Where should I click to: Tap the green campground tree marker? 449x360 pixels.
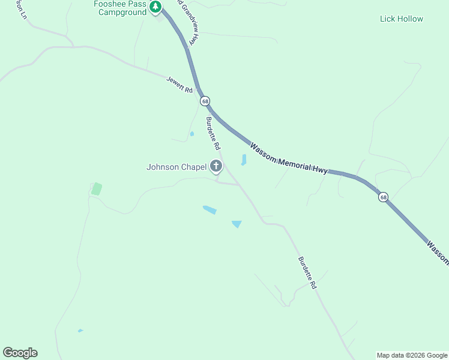[x=156, y=7]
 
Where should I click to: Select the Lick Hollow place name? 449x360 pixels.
[x=402, y=19]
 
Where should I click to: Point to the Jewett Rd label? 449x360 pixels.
[x=179, y=85]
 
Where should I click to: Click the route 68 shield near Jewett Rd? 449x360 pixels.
[x=205, y=101]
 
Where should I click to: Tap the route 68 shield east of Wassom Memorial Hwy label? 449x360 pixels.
[x=383, y=197]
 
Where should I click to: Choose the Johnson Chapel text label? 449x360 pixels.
[x=176, y=167]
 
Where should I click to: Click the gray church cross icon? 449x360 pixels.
[x=216, y=166]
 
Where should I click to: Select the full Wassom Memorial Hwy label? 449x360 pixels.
[x=289, y=158]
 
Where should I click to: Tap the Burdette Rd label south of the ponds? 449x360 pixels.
[x=307, y=274]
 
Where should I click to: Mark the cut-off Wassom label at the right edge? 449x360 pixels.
[x=438, y=253]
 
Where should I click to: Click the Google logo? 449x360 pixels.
[x=20, y=353]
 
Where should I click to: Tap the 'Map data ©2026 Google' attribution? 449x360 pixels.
[x=412, y=355]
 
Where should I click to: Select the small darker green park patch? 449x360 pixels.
[x=96, y=189]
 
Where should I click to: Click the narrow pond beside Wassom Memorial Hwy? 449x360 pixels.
[x=244, y=160]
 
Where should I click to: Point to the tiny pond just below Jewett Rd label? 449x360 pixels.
[x=191, y=134]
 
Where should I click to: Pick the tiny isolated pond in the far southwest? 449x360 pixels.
[x=80, y=331]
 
